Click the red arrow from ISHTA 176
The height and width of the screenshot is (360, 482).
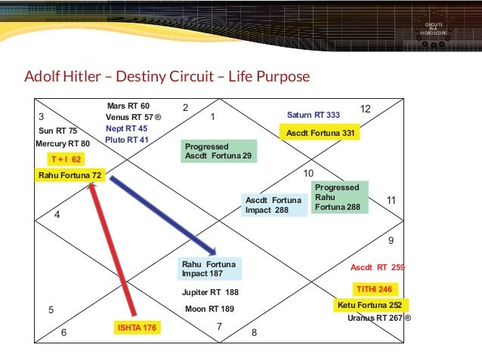point(113,249)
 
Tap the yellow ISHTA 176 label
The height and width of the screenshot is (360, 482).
point(137,328)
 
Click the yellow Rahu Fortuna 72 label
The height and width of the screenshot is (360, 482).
point(70,175)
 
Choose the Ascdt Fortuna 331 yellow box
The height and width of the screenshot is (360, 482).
point(320,133)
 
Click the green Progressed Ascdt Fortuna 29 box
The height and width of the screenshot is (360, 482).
point(219,151)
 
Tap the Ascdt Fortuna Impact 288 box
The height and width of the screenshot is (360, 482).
point(274,205)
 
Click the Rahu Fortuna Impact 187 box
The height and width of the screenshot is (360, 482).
point(209,269)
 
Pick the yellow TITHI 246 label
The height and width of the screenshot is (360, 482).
point(374,289)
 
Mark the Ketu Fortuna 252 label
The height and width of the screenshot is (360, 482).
point(369,305)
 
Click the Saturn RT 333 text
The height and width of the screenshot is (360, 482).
point(313,115)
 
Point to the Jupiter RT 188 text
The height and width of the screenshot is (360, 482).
point(210,293)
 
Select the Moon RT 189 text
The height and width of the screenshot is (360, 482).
point(209,309)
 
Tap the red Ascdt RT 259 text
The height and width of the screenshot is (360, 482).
point(377,267)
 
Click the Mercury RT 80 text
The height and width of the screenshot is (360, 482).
point(62,143)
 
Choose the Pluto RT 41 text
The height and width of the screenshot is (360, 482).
point(126,140)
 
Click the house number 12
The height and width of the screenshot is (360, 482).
point(365,109)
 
